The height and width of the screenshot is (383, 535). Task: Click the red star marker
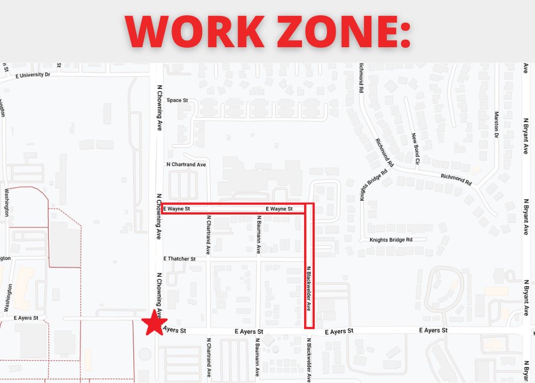[x=153, y=324]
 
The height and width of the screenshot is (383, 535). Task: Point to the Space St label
[x=177, y=100]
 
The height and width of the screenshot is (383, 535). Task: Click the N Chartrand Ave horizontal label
[x=186, y=164]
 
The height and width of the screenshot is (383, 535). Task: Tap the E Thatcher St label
[x=179, y=258]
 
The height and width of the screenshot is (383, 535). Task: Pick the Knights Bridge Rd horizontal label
[x=390, y=240]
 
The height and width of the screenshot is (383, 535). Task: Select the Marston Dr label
[x=496, y=125]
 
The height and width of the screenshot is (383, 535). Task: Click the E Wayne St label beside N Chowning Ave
[x=176, y=209]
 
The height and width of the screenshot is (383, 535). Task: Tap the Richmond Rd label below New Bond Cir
[x=456, y=180]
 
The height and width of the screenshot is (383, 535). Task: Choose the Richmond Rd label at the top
[x=361, y=78]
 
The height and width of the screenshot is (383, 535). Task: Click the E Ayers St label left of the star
[x=27, y=318]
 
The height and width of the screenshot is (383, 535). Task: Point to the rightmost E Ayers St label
[x=433, y=331]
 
